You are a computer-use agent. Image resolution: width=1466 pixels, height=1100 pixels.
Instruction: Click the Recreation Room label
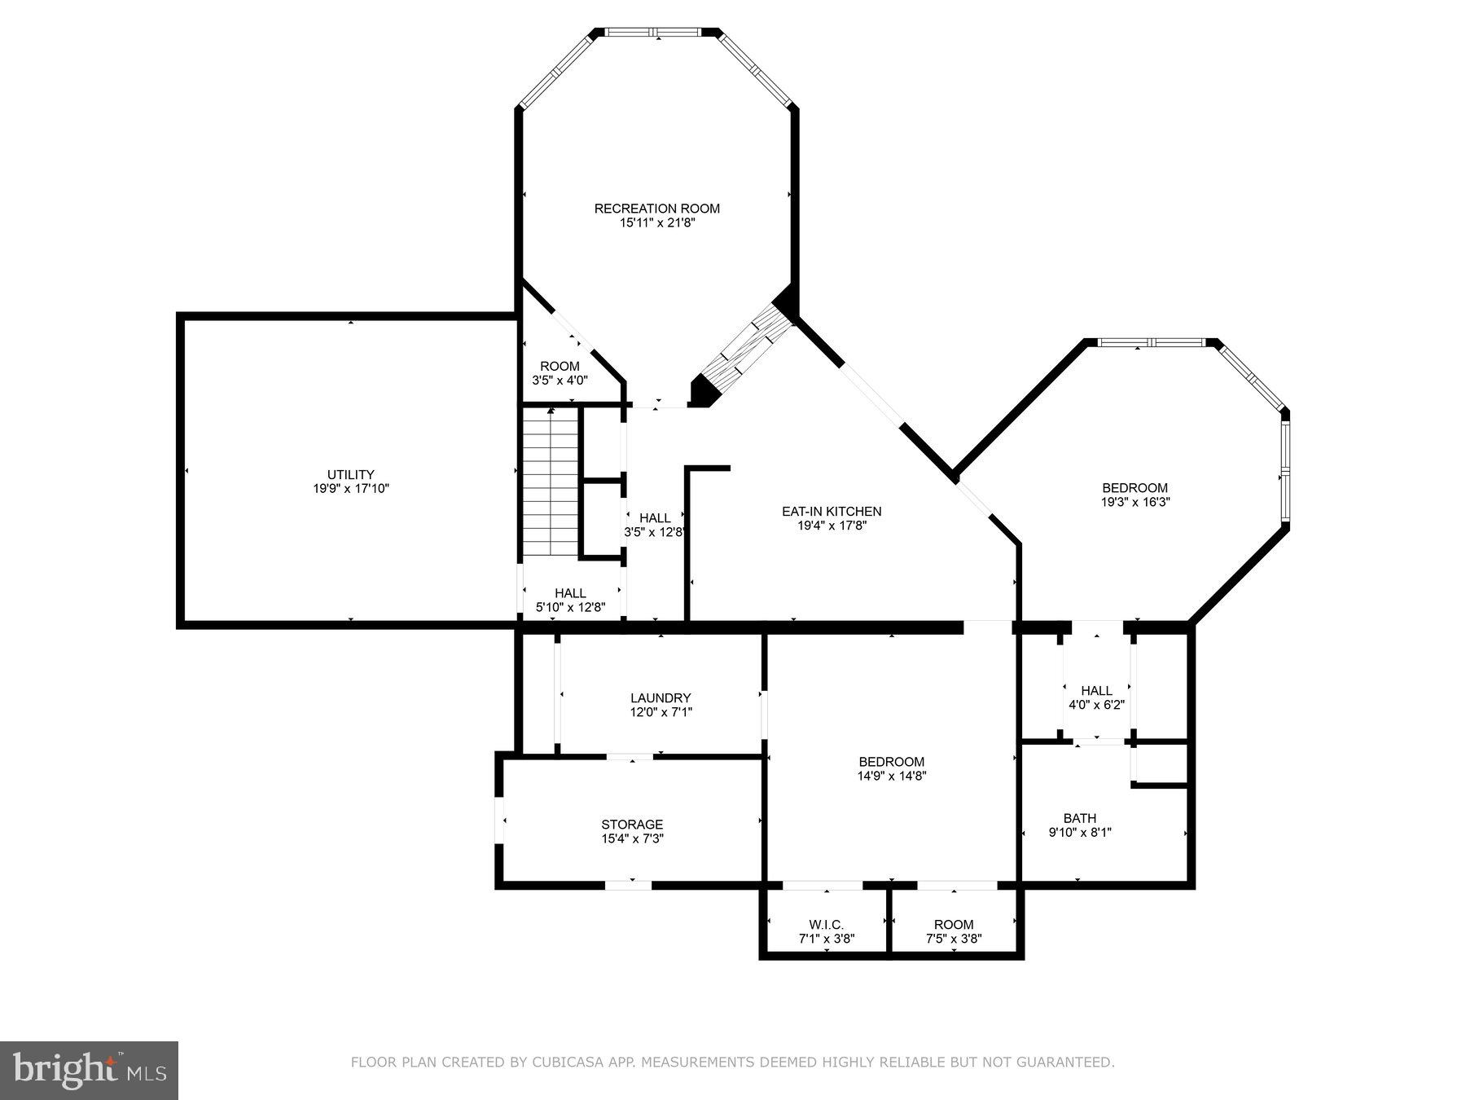(656, 209)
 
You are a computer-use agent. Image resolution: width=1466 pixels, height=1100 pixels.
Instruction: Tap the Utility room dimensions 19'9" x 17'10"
(350, 489)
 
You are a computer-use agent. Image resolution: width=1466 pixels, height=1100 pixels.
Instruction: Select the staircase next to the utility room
(551, 484)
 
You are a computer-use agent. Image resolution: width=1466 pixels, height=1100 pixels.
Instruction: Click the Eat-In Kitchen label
(832, 512)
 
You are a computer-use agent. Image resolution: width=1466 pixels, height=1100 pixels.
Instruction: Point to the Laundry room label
(661, 698)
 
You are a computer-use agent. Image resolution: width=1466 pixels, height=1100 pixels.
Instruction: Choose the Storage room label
(632, 825)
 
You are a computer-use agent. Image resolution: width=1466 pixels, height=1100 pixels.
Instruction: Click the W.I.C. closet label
(826, 925)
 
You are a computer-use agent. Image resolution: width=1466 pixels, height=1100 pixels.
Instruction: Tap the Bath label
(1079, 818)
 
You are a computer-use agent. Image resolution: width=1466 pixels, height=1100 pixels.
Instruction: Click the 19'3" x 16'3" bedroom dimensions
(1135, 503)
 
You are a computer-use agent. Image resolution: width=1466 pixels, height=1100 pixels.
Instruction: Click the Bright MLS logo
(89, 1070)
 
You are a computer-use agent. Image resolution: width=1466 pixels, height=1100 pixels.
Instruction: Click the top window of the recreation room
(655, 33)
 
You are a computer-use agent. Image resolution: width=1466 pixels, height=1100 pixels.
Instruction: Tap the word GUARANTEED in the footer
(1071, 1063)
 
